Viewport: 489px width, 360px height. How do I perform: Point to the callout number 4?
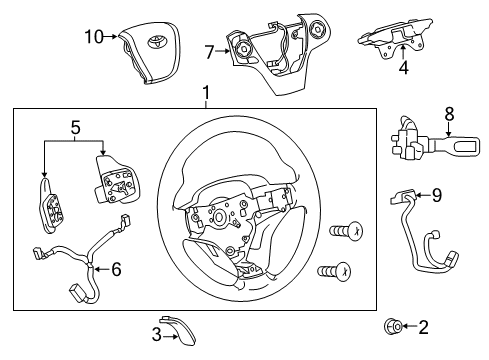(403, 70)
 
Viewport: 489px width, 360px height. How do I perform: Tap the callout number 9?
(436, 197)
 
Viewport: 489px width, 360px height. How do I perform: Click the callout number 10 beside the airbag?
(93, 37)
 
